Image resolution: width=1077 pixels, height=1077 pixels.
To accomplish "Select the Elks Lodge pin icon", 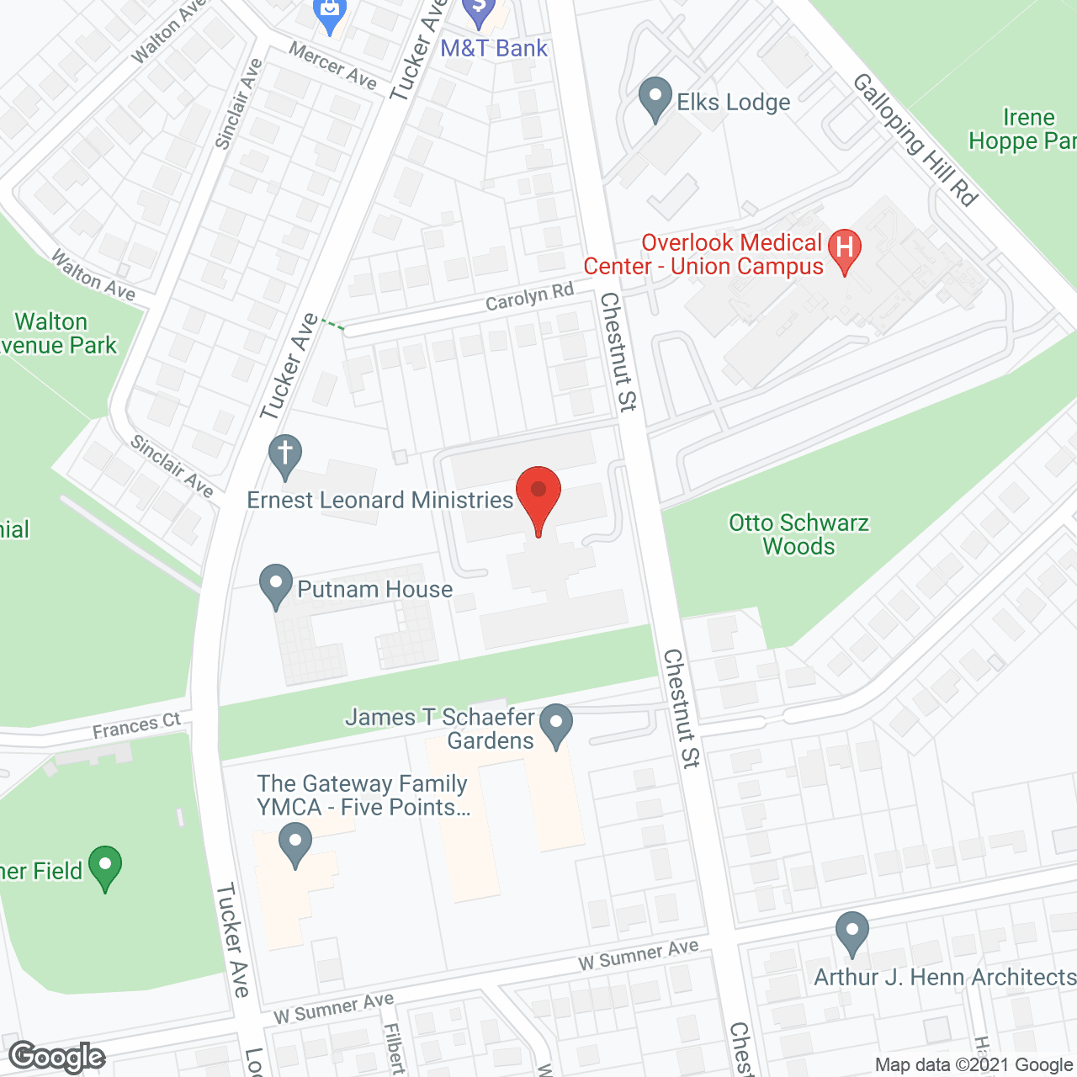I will [655, 98].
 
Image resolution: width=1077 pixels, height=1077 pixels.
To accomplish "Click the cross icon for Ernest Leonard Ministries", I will [285, 455].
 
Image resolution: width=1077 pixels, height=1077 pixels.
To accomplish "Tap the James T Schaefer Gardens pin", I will [555, 724].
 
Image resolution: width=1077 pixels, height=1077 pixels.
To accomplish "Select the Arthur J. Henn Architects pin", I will [852, 932].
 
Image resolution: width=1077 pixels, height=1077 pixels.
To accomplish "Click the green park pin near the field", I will [105, 866].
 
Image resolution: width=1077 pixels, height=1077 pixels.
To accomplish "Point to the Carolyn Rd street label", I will [529, 297].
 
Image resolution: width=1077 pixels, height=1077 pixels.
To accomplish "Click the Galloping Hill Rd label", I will [915, 140].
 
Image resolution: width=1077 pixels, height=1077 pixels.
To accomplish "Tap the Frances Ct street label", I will [136, 726].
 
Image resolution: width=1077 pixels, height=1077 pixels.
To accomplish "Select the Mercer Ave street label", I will [333, 66].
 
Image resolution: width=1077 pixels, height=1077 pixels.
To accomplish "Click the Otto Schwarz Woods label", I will [798, 534].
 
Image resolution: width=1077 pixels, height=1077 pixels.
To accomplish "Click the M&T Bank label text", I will [494, 49].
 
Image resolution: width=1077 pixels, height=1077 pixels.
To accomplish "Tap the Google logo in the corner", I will [57, 1056].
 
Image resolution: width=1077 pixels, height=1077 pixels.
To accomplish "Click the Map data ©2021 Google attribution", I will [974, 1065].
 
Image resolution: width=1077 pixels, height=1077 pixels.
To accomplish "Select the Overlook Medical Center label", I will [703, 254].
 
